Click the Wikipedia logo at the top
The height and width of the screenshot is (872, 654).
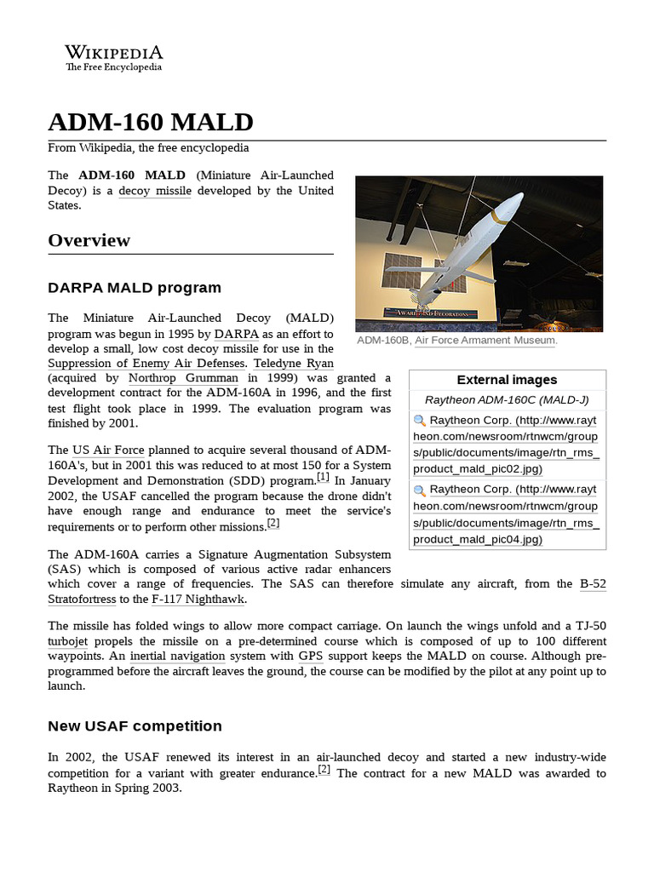114,57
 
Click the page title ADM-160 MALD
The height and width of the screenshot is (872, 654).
151,122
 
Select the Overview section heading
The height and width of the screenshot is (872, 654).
89,240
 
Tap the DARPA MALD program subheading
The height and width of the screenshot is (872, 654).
135,287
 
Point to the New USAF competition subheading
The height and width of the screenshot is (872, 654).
135,726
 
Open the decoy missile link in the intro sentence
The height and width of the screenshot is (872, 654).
155,191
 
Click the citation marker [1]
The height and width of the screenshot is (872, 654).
323,478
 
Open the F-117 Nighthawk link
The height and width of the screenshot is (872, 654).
198,599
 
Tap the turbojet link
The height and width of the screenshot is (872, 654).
67,641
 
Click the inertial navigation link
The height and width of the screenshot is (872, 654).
179,657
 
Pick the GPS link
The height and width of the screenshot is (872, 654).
309,657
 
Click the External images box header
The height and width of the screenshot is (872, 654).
507,380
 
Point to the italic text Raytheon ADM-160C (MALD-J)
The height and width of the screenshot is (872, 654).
507,399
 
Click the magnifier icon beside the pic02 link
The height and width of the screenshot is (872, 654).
419,421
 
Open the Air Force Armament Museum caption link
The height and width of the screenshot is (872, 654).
485,341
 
